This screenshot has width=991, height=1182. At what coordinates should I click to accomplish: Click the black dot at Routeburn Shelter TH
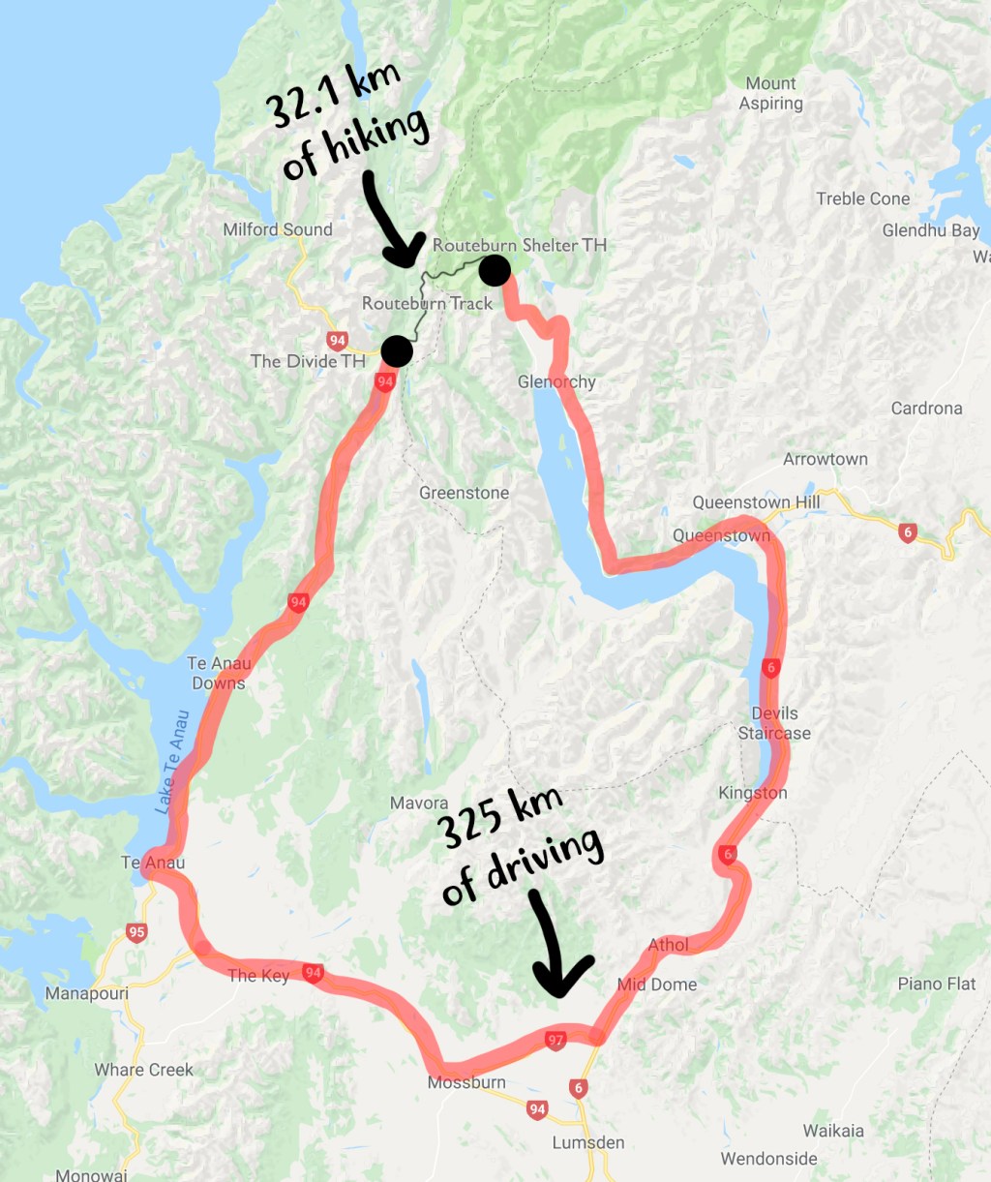tap(495, 270)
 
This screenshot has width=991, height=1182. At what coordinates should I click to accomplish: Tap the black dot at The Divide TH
tap(397, 350)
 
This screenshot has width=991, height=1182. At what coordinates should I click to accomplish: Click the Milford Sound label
tap(278, 229)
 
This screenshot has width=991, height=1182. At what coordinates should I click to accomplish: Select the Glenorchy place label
tap(556, 381)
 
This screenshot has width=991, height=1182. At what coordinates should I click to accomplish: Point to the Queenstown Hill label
tap(756, 502)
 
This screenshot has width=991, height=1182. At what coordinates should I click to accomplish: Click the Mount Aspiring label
tap(771, 94)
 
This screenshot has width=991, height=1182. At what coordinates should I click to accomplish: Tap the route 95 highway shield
tap(136, 933)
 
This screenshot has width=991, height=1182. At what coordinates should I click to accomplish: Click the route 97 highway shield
tap(555, 1041)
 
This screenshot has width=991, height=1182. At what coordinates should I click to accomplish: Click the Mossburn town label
tap(466, 1082)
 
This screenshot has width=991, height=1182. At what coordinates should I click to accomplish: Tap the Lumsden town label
tap(588, 1142)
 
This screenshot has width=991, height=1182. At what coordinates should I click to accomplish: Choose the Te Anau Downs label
tap(219, 673)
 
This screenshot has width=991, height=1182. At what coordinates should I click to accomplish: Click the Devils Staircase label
tap(774, 723)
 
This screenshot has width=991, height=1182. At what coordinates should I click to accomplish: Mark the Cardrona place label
tap(926, 408)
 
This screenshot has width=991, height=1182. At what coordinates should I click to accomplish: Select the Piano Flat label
tap(937, 984)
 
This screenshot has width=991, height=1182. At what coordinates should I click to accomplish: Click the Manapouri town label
tap(86, 994)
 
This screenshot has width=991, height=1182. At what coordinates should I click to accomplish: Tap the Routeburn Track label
tap(427, 303)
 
